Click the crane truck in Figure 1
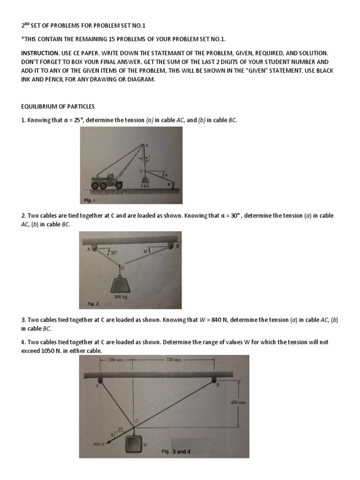105,180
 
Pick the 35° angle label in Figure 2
113,252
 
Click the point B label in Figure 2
178,245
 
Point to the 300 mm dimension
116,360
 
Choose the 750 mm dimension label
174,360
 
